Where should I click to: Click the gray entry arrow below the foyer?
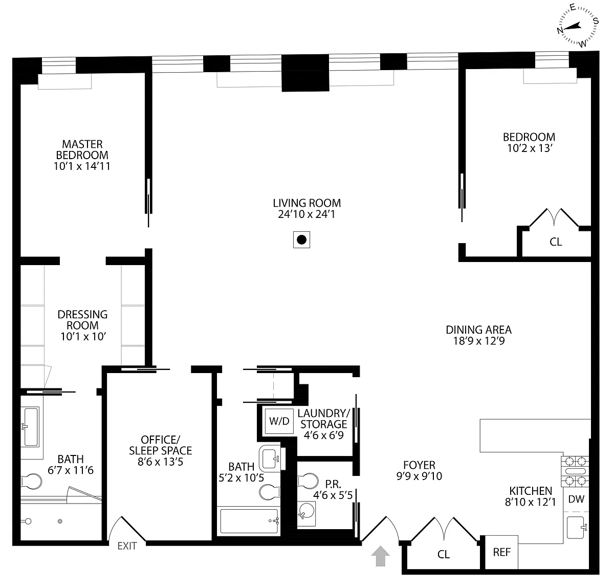click(380, 556)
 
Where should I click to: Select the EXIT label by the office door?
click(127, 546)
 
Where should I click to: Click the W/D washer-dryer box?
click(279, 421)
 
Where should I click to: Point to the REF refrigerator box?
click(501, 552)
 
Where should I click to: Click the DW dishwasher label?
click(576, 499)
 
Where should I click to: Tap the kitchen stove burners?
click(575, 471)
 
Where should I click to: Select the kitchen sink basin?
click(576, 527)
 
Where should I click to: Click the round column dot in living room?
click(302, 239)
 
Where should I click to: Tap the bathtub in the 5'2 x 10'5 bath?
click(249, 521)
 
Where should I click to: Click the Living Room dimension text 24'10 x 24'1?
click(306, 214)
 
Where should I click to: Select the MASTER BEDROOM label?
click(82, 149)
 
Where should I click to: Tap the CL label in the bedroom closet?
click(556, 242)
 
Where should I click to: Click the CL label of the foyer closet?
click(444, 554)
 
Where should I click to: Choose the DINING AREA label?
click(478, 330)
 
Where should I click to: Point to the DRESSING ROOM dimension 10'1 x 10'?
click(83, 336)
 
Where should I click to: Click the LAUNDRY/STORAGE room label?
click(324, 419)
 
